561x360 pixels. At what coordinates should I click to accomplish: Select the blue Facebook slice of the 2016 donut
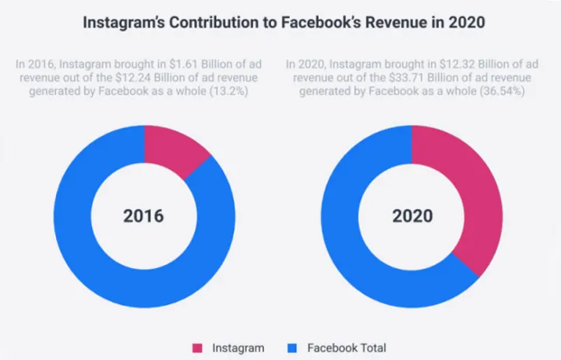tap(101, 257)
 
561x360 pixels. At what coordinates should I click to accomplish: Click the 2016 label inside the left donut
tap(143, 215)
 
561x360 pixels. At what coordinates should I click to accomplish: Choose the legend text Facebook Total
tap(347, 348)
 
